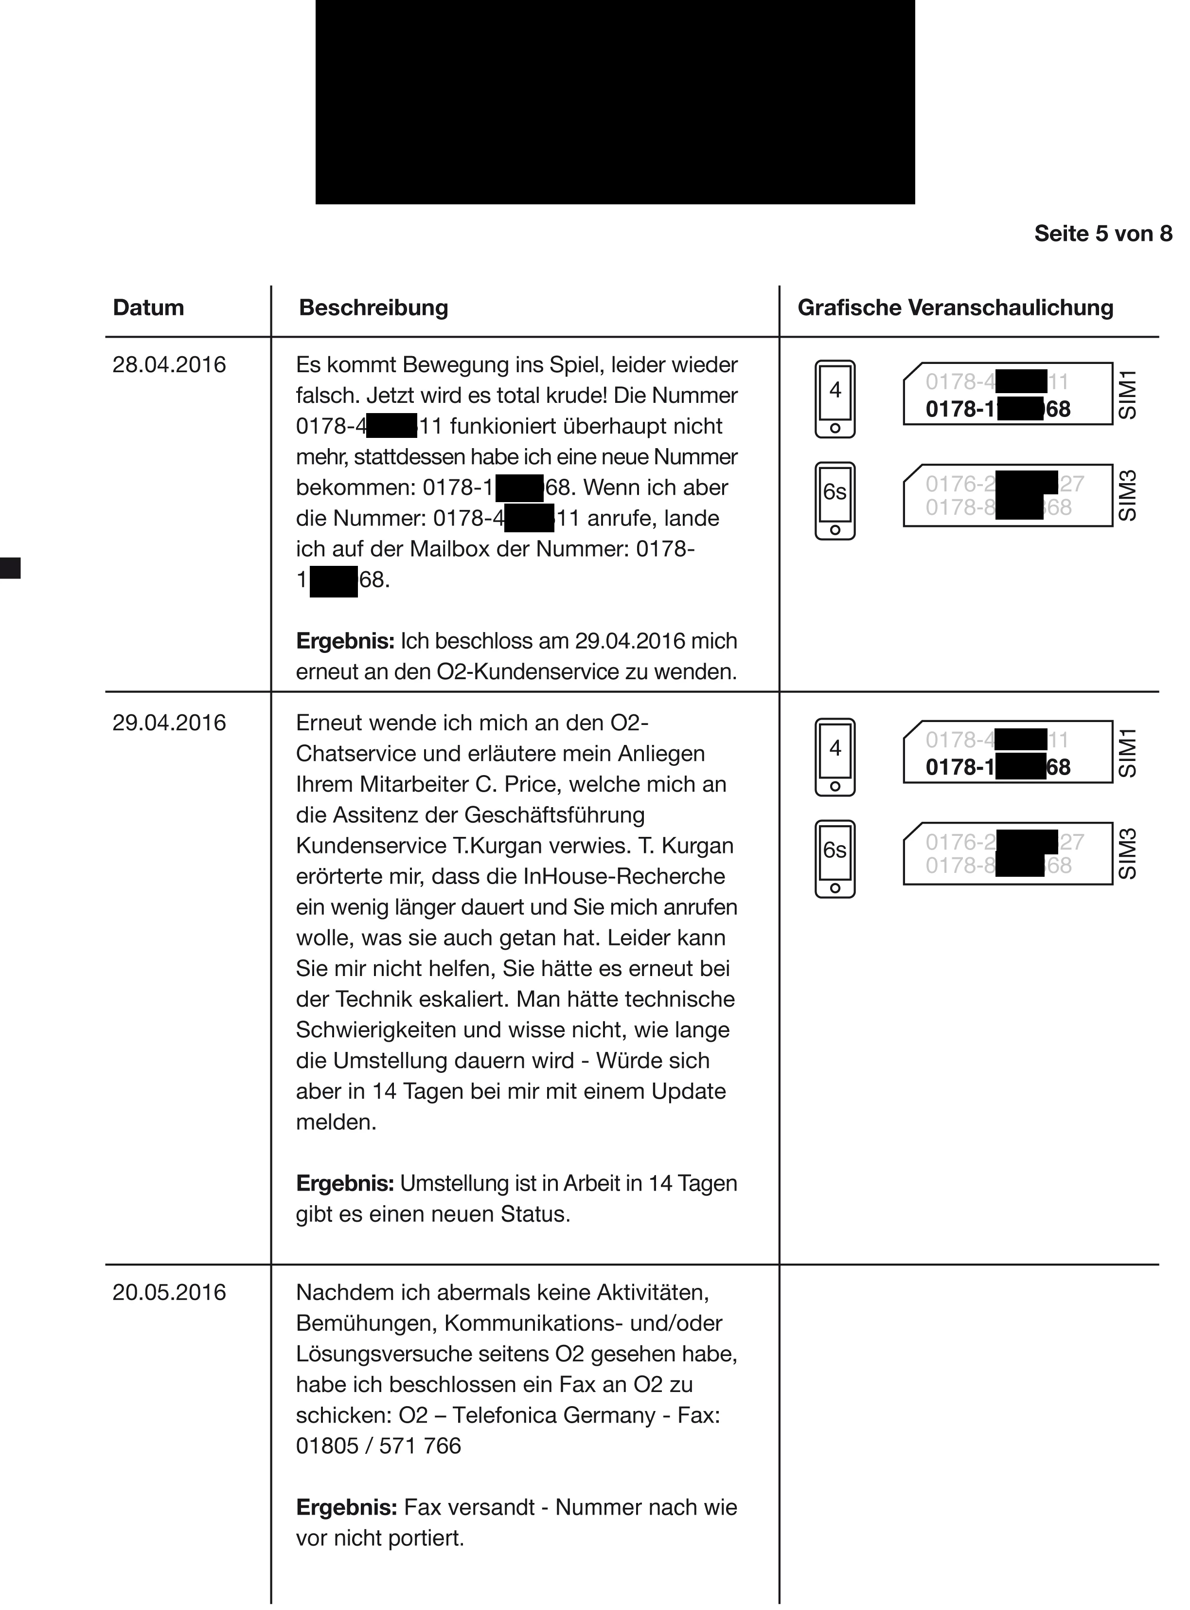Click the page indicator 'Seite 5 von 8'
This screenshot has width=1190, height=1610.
click(1103, 234)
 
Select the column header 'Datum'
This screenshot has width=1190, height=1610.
click(148, 308)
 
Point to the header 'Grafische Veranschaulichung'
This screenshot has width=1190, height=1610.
click(955, 308)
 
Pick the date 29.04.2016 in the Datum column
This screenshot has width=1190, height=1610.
click(169, 723)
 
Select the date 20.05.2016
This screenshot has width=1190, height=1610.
click(169, 1292)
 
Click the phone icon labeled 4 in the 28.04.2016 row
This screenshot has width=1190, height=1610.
click(835, 399)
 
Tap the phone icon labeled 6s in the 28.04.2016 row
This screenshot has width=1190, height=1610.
click(835, 501)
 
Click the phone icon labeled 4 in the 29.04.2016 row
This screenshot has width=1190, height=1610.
click(835, 758)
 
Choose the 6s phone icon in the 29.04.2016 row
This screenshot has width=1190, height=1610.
click(835, 859)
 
